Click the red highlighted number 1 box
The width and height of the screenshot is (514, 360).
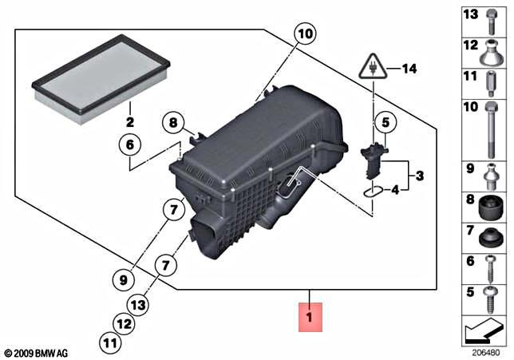(310, 316)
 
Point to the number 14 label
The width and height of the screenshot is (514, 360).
(409, 69)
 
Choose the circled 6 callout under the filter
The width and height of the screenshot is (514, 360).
(130, 145)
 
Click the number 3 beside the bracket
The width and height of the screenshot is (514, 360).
(421, 175)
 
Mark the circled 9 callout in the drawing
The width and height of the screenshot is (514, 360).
(122, 279)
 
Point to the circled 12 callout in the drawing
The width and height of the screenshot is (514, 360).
(122, 324)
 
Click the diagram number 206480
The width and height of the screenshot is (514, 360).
(485, 351)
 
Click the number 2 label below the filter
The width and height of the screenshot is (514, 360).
(129, 122)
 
